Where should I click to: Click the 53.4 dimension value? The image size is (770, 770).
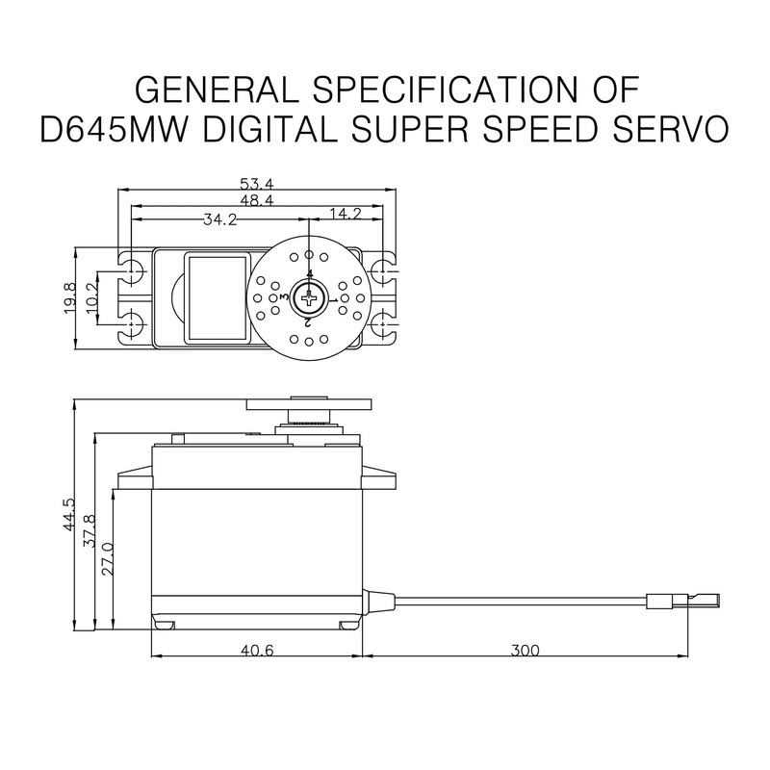pos(258,184)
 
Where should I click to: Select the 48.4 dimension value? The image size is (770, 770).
pos(258,200)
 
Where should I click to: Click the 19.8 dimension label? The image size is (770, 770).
pos(70,297)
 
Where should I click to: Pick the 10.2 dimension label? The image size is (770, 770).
pos(92,298)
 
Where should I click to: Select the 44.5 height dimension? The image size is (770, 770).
pos(68,515)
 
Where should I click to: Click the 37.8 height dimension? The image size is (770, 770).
pos(90,530)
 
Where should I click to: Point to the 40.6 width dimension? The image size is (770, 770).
pos(257,651)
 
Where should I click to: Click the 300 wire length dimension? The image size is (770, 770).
pos(525,651)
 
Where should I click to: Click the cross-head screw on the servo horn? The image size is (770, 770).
pos(309,299)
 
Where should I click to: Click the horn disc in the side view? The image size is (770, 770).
pos(308,404)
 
